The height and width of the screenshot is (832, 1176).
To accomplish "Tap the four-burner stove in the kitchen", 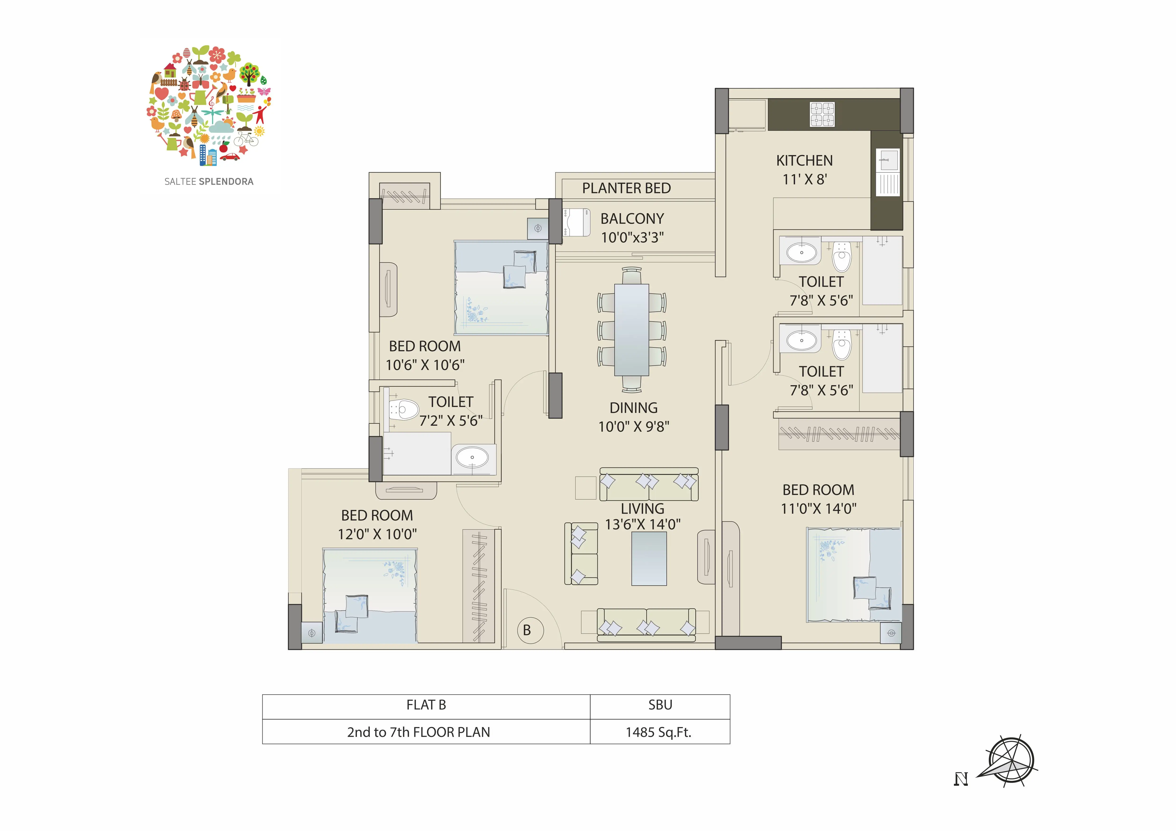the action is point(822,114).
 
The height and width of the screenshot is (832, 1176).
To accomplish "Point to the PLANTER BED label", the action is point(626,188).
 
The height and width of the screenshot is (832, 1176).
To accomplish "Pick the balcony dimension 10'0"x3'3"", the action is point(632,237).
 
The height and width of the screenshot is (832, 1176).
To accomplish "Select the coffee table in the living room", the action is point(649,559).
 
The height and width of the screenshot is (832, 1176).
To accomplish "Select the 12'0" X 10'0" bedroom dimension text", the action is point(377,534).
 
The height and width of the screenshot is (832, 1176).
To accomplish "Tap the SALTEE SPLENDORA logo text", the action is point(209,181).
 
